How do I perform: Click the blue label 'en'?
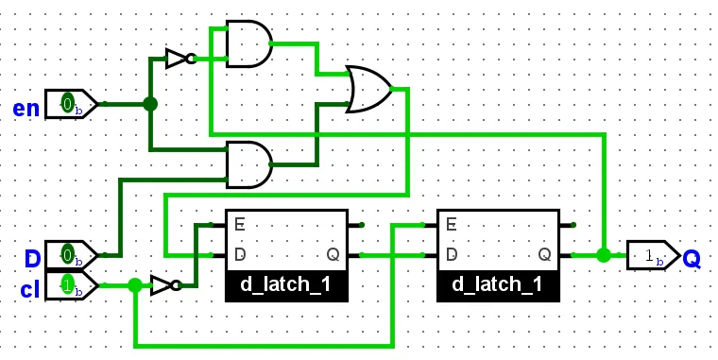tap(26, 108)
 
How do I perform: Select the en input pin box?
tap(71, 104)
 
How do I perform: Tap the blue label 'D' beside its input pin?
tap(32, 258)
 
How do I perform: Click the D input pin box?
tap(71, 255)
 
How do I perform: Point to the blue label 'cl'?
tap(29, 289)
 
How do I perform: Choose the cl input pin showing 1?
tap(71, 284)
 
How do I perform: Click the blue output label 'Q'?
tap(692, 258)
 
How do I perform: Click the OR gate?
tap(369, 90)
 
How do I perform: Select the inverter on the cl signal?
tap(164, 284)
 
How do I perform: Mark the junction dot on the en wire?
tap(149, 104)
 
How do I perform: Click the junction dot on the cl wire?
tap(134, 284)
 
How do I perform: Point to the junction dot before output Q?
tap(603, 255)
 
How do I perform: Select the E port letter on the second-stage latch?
tap(452, 225)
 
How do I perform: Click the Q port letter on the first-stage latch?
tap(333, 254)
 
